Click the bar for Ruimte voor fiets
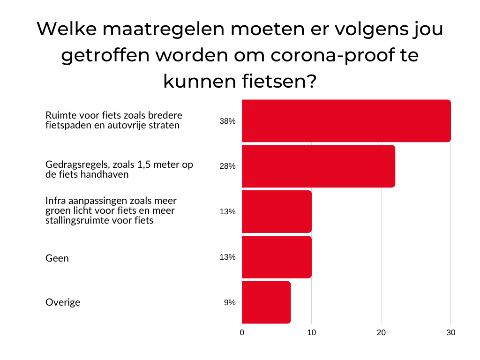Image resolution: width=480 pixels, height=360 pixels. coord(346,121)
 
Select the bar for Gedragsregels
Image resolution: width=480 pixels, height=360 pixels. coord(318,166)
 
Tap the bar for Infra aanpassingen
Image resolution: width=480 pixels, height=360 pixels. coord(277,211)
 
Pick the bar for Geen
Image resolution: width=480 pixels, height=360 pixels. coord(277,257)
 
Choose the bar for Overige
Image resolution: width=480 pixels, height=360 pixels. coord(266,302)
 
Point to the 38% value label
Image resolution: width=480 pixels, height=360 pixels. coord(227,121)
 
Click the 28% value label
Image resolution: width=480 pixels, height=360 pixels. coord(227,166)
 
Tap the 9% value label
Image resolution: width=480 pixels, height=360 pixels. coord(229,303)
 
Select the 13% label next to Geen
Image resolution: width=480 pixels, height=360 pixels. coord(227,257)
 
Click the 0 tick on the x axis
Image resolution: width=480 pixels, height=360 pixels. coord(242,332)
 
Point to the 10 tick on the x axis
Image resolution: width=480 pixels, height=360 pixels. coord(311,332)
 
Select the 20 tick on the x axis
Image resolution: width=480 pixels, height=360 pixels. coord(381,332)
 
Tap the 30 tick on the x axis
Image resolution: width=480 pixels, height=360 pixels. coord(450,332)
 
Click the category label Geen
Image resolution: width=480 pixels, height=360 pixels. coord(57,258)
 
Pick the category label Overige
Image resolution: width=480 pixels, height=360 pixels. coord(62,302)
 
